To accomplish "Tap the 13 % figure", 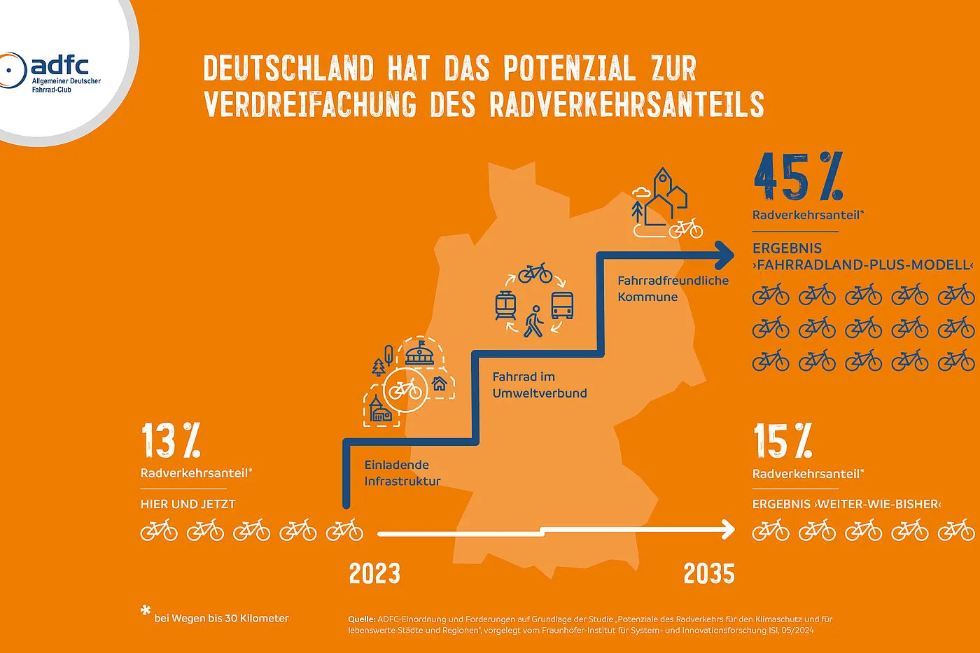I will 171,441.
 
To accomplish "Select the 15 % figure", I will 783,441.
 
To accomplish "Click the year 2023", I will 374,574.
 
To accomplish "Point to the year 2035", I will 709,574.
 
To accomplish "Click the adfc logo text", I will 59,66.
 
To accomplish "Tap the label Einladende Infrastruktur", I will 402,473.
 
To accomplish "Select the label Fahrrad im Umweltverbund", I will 540,385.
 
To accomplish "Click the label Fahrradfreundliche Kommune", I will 673,288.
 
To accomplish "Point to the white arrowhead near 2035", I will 728,530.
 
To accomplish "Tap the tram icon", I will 505,306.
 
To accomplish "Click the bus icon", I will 562,306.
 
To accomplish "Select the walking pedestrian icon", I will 534,321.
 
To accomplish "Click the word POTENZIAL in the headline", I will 569,69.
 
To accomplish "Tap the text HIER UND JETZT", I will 188,504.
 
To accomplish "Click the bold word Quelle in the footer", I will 361,619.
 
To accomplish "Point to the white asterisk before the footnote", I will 146,611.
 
